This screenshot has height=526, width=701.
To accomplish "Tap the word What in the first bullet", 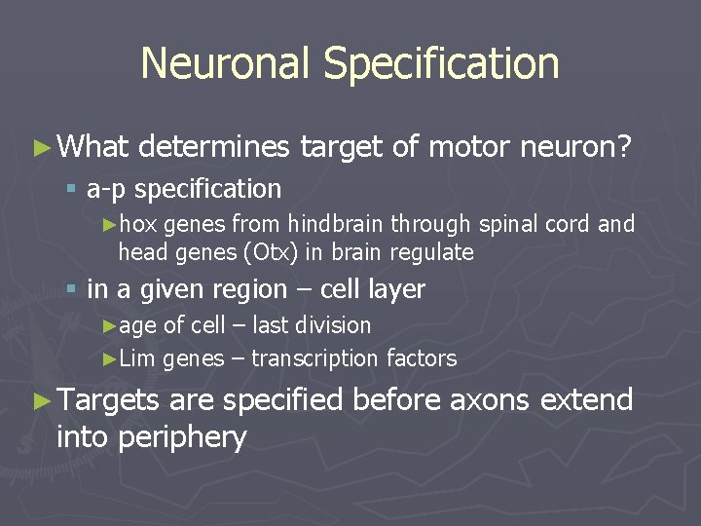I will point(92,147).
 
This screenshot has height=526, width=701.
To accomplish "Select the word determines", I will point(214,147).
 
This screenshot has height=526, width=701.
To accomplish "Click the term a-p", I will point(106,188).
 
